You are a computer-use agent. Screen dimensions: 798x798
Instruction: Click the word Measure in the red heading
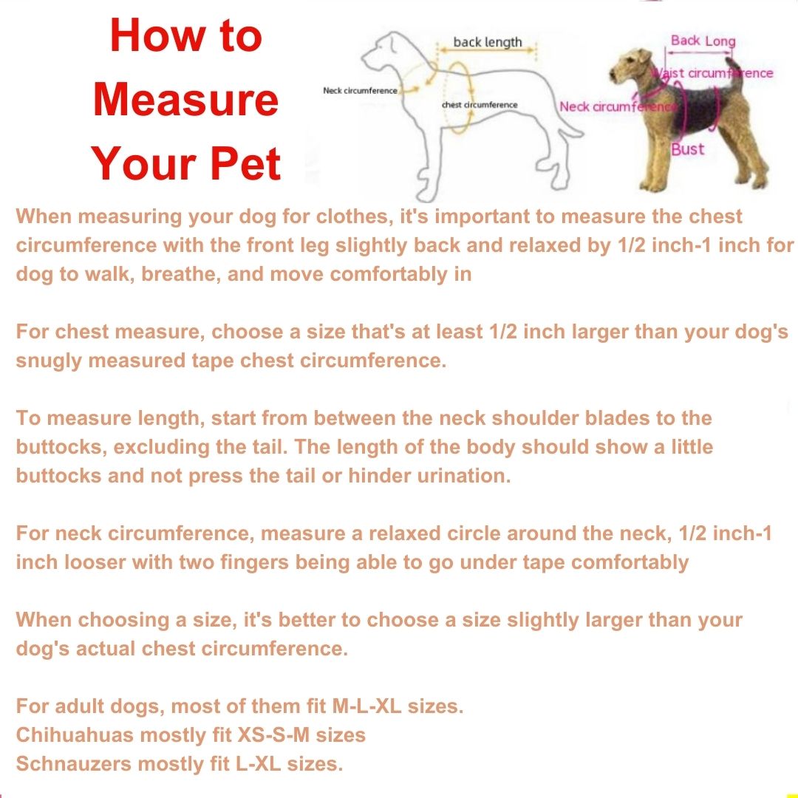185,99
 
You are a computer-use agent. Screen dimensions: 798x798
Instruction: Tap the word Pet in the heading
245,163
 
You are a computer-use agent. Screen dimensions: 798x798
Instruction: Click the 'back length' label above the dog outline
488,42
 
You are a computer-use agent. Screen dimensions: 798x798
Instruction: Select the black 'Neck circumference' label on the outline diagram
360,91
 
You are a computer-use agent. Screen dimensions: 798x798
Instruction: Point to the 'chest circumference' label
480,105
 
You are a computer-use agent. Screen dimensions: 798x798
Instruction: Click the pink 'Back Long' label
703,41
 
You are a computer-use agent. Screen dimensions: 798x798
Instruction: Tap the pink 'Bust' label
688,149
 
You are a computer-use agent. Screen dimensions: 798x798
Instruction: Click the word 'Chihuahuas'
75,735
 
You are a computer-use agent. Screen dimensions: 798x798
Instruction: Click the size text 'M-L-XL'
366,706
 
